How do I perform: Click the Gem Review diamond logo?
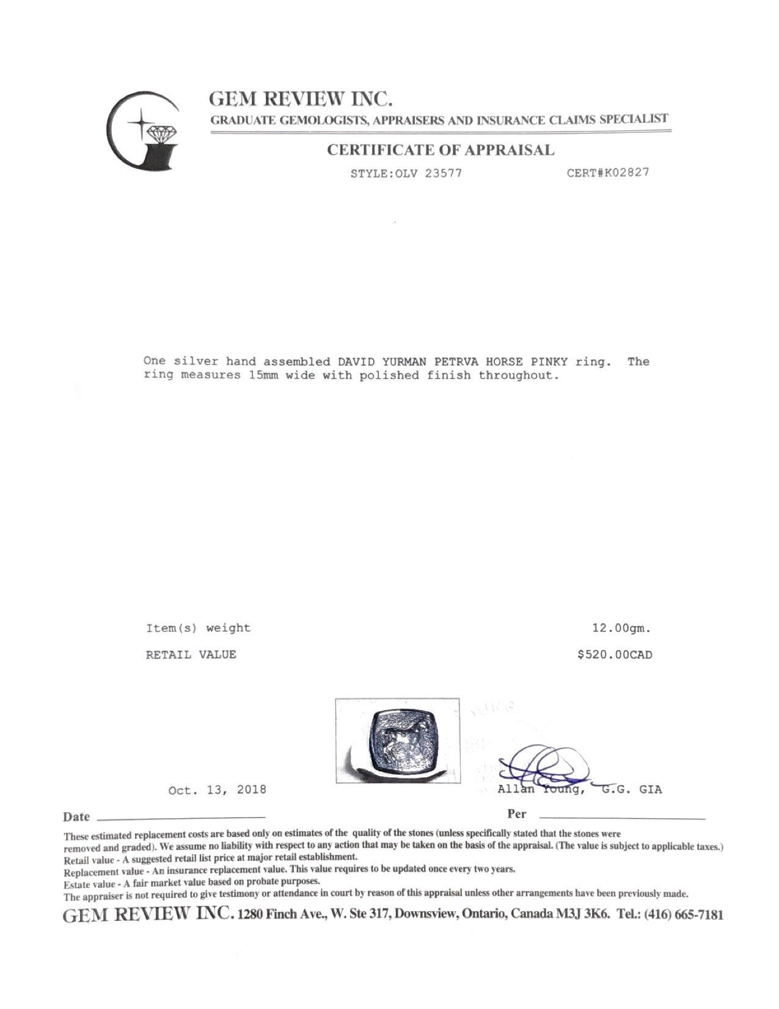pyautogui.click(x=144, y=130)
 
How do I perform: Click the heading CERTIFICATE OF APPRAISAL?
pyautogui.click(x=441, y=150)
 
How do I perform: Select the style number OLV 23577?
pyautogui.click(x=429, y=173)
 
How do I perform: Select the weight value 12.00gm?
pyautogui.click(x=621, y=628)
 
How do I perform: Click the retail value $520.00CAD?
pyautogui.click(x=615, y=655)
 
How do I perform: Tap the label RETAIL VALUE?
pyautogui.click(x=191, y=655)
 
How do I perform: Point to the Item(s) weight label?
pyautogui.click(x=198, y=628)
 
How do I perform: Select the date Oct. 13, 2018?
pyautogui.click(x=217, y=790)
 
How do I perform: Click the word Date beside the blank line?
pyautogui.click(x=76, y=817)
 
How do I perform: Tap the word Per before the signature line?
pyautogui.click(x=517, y=814)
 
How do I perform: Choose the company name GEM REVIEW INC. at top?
pyautogui.click(x=300, y=99)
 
